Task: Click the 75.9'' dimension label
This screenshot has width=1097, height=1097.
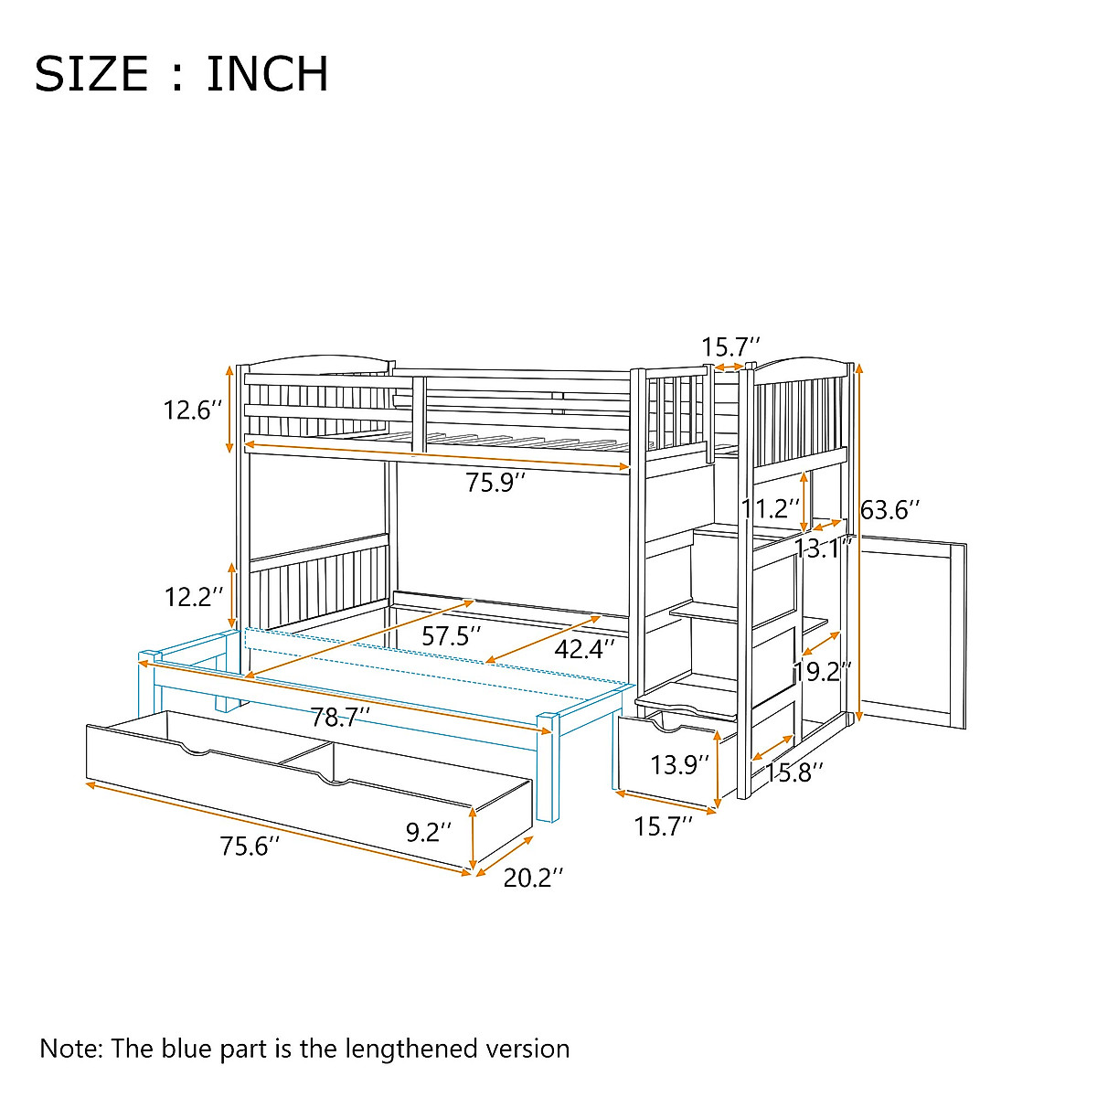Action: click(x=496, y=483)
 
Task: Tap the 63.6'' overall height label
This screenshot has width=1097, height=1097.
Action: click(x=889, y=510)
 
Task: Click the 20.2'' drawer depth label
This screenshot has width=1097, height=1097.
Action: click(x=533, y=879)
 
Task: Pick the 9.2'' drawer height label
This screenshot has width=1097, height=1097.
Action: click(x=429, y=832)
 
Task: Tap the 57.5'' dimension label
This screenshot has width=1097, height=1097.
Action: click(x=452, y=636)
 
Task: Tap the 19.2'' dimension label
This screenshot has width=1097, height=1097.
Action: click(x=823, y=673)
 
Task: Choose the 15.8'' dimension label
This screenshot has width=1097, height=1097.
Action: click(x=794, y=772)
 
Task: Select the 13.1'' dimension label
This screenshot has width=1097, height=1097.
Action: click(x=823, y=548)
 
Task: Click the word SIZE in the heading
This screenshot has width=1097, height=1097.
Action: click(x=91, y=75)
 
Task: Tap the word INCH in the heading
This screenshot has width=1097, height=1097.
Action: click(x=267, y=75)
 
